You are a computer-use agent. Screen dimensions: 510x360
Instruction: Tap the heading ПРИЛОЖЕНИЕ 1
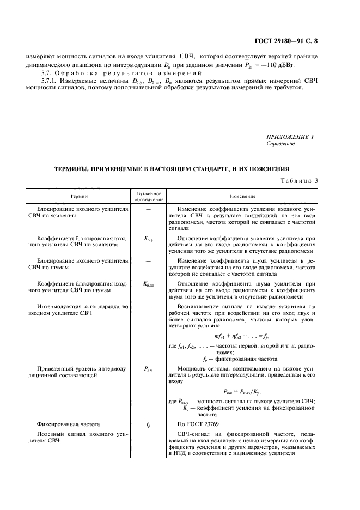click(290, 137)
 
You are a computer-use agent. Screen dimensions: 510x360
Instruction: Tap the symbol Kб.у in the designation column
click(148, 239)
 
